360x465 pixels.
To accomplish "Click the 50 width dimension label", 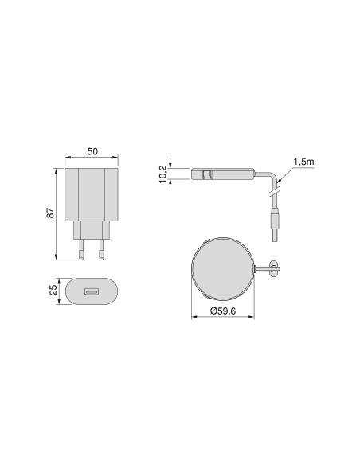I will pos(92,150).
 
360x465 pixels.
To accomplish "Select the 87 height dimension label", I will pos(49,213).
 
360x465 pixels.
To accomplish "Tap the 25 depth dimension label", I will pos(53,290).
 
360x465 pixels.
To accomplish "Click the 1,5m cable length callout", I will pos(303,162).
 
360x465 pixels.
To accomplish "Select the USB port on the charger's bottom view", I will pos(92,291).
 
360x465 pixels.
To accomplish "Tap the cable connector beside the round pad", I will pos(273,268).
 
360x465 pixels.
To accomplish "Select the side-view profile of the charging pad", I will pos(222,174).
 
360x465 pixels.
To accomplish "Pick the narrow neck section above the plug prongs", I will pos(92,232).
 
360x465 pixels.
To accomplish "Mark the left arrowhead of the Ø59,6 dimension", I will pos(194,317).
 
